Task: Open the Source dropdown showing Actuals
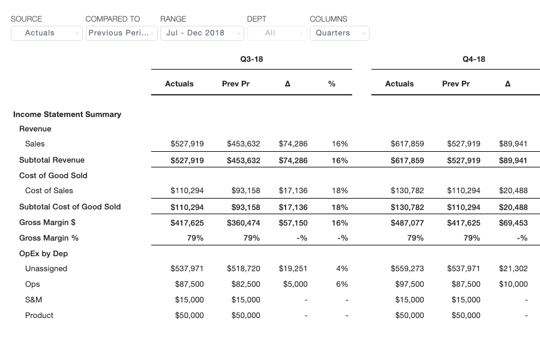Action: point(46,33)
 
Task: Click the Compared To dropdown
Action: point(122,33)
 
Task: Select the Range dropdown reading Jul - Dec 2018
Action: point(202,33)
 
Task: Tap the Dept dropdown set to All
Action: point(277,33)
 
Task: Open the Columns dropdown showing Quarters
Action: point(340,33)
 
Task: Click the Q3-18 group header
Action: point(252,59)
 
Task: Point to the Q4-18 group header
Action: point(474,59)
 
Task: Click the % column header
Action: point(332,84)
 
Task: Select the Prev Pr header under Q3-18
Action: point(236,84)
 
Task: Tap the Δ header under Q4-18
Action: point(508,84)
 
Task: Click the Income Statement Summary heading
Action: point(67,115)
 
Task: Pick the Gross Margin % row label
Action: point(49,238)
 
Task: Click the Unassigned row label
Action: point(46,269)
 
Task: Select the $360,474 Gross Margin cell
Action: point(244,223)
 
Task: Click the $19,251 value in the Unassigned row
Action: point(293,269)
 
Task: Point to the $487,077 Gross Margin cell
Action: point(407,223)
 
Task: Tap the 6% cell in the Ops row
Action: point(342,284)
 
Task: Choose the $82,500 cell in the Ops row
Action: point(246,284)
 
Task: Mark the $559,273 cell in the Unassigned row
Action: point(407,269)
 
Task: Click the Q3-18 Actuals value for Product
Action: point(190,316)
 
